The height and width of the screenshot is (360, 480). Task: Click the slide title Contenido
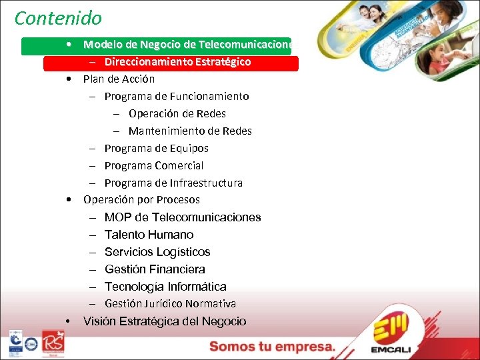pos(58,18)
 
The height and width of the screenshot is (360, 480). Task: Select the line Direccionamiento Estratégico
pos(177,62)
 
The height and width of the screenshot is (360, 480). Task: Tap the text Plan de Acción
pos(119,79)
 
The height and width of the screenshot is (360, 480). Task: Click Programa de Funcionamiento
pos(177,97)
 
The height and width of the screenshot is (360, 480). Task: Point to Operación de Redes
pos(177,114)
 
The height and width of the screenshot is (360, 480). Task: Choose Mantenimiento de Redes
pos(190,131)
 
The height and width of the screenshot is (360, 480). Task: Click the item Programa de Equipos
pos(156,149)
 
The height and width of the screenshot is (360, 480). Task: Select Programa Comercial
pos(154,166)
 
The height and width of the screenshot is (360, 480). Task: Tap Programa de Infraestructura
pos(173,183)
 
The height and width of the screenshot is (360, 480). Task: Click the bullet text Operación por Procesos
pos(141,200)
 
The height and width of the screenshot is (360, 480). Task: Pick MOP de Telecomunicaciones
pos(183,217)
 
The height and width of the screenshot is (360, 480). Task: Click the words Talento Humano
pos(149,235)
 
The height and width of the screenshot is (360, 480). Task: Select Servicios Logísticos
pos(157,252)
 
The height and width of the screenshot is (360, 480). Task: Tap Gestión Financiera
pos(155,269)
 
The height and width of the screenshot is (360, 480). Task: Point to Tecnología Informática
pos(165,287)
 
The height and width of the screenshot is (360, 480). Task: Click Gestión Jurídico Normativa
pos(170,304)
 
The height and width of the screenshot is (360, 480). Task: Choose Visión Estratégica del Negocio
pos(165,321)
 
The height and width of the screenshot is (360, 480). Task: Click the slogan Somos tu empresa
pos(272,347)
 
